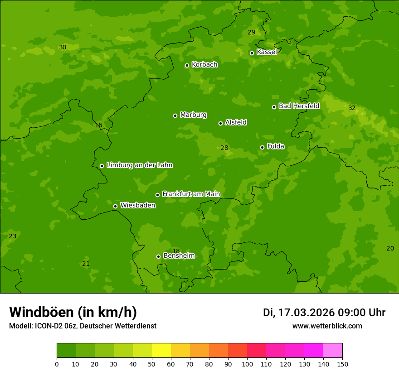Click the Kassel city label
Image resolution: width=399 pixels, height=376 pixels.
coord(267,52)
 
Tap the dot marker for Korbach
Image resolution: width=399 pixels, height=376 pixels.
coord(187,65)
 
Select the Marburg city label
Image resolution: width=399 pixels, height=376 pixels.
coord(193,115)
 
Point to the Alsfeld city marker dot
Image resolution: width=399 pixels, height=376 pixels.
coord(220,123)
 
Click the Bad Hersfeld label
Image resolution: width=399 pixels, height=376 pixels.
coord(299,106)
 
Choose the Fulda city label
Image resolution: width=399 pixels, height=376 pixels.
coord(276,146)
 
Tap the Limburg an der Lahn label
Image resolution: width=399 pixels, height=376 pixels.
coord(139,165)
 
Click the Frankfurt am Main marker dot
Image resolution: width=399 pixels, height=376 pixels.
coord(157,195)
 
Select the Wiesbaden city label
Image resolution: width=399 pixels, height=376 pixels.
coord(138,206)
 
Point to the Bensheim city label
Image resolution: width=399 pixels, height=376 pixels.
coord(179,256)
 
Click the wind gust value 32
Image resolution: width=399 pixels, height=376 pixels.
coord(352,108)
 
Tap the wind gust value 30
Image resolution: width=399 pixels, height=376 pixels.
coord(63,47)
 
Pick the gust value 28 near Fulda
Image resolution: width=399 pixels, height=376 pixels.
coord(224,148)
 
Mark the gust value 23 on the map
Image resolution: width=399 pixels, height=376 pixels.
coord(13,236)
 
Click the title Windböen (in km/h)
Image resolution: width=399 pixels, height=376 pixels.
coord(73,312)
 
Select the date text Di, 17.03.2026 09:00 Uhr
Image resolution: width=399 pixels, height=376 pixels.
coord(324,313)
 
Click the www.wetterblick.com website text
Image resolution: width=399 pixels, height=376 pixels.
coord(327,326)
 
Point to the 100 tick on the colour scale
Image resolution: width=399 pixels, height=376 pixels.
coord(247,364)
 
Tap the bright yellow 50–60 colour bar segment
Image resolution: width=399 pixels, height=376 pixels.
coord(161,350)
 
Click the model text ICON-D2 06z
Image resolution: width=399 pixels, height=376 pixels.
coord(54,326)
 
